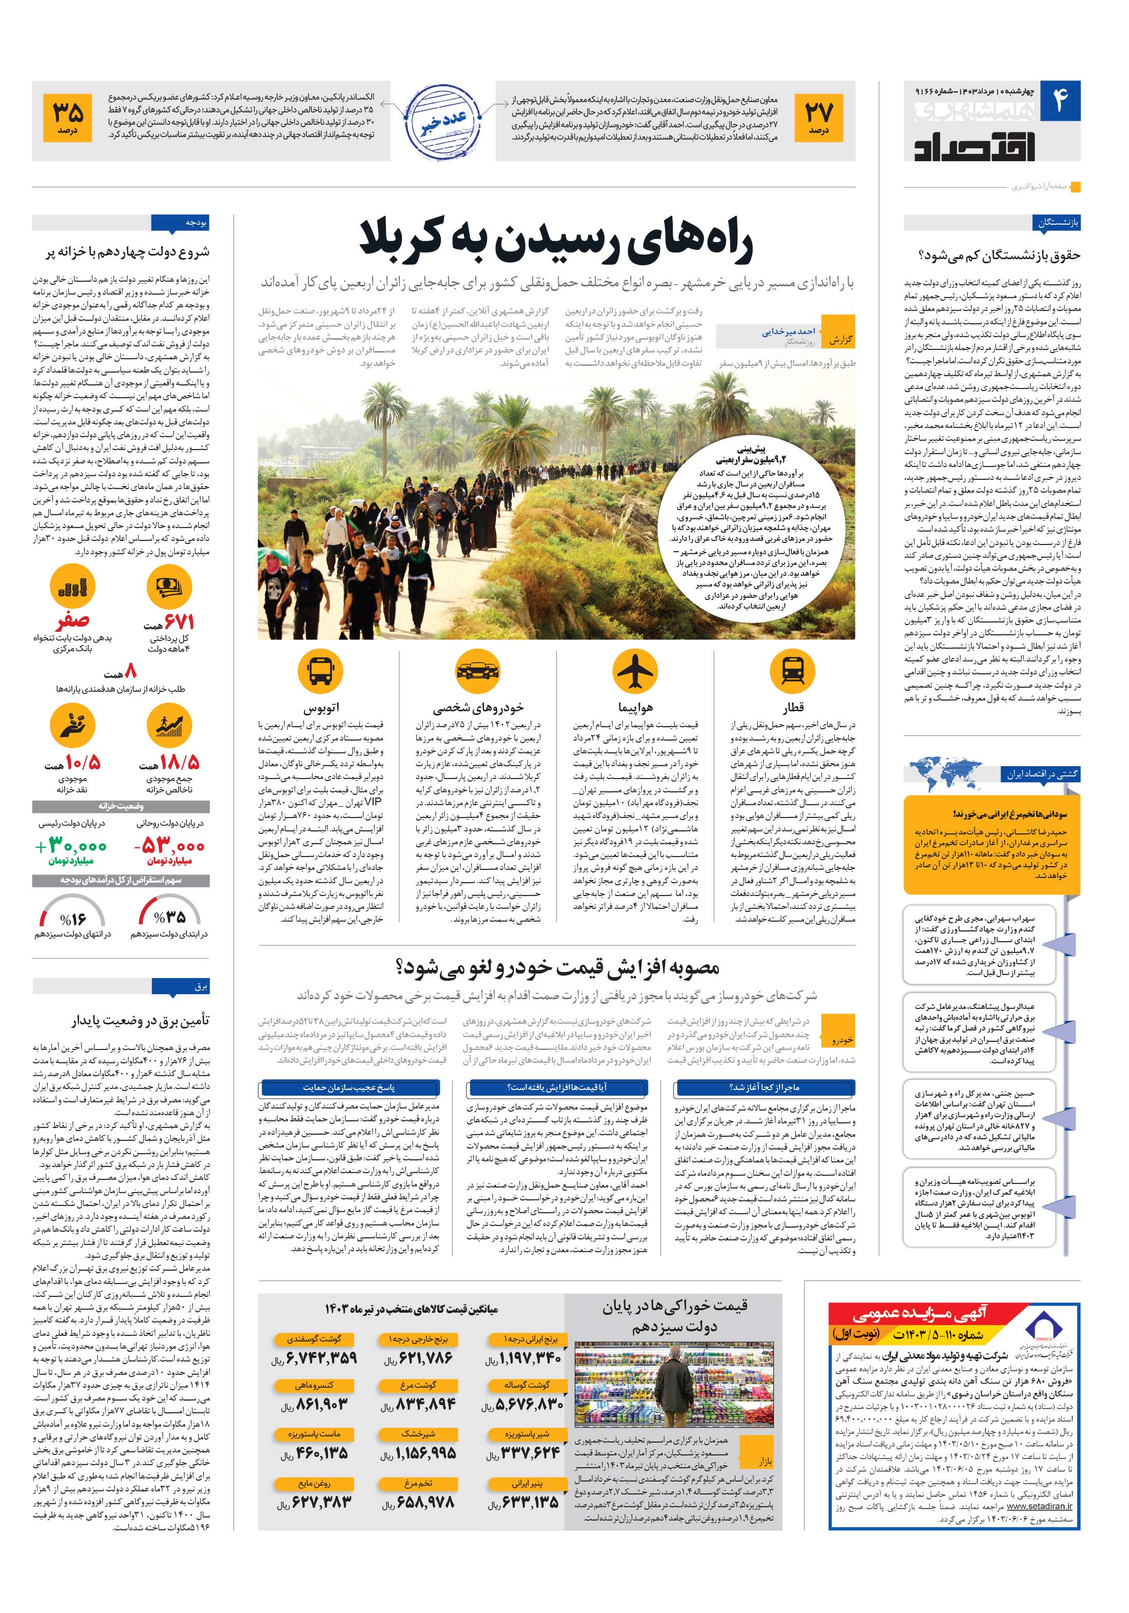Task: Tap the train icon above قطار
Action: coord(792,672)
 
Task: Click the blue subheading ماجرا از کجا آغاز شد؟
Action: coord(766,1087)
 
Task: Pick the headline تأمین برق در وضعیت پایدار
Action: coord(141,1020)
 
